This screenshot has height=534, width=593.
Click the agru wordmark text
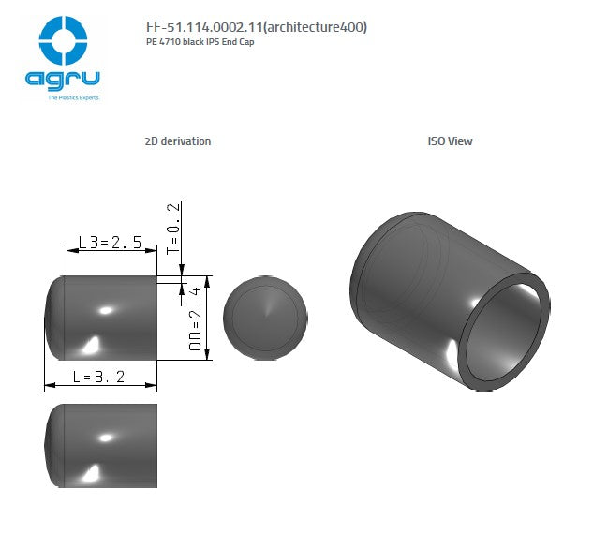point(64,81)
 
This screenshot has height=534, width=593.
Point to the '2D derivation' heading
point(178,141)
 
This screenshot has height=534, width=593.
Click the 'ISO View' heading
point(450,141)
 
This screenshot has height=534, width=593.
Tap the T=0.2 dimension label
point(172,229)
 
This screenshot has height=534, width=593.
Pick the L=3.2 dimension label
point(98,377)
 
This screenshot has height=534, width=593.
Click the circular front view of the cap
point(267,318)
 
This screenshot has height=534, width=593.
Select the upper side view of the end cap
point(101,318)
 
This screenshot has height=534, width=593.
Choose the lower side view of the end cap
point(101,446)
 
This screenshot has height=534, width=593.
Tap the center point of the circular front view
point(267,318)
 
